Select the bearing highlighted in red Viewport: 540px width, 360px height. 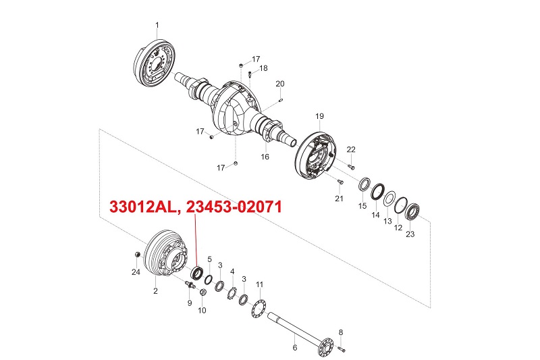point(198,273)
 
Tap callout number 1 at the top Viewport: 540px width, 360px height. point(157,26)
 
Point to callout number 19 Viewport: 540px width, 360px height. point(319,116)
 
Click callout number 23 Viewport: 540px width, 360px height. point(410,234)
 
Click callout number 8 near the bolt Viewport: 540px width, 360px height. point(341,332)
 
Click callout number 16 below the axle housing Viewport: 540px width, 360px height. point(265,156)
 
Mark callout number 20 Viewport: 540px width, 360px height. point(280,84)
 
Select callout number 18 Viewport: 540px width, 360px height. point(263,68)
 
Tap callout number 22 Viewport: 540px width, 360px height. point(351,149)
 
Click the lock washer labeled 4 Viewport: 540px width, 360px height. point(232,292)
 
